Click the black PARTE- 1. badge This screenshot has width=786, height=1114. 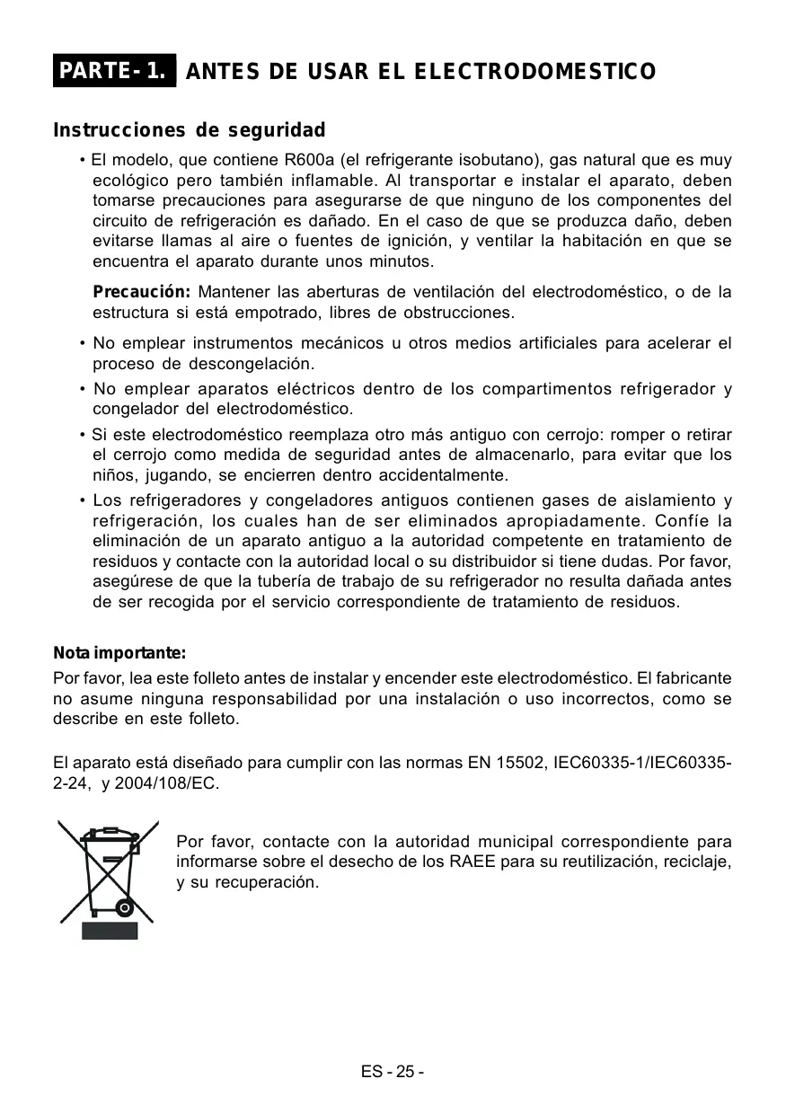pyautogui.click(x=114, y=71)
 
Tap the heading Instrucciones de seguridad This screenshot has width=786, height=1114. pyautogui.click(x=190, y=131)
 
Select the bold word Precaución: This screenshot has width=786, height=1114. pyautogui.click(x=142, y=293)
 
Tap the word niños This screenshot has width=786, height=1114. pyautogui.click(x=114, y=475)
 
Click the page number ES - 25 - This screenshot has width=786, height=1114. pyautogui.click(x=393, y=1073)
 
